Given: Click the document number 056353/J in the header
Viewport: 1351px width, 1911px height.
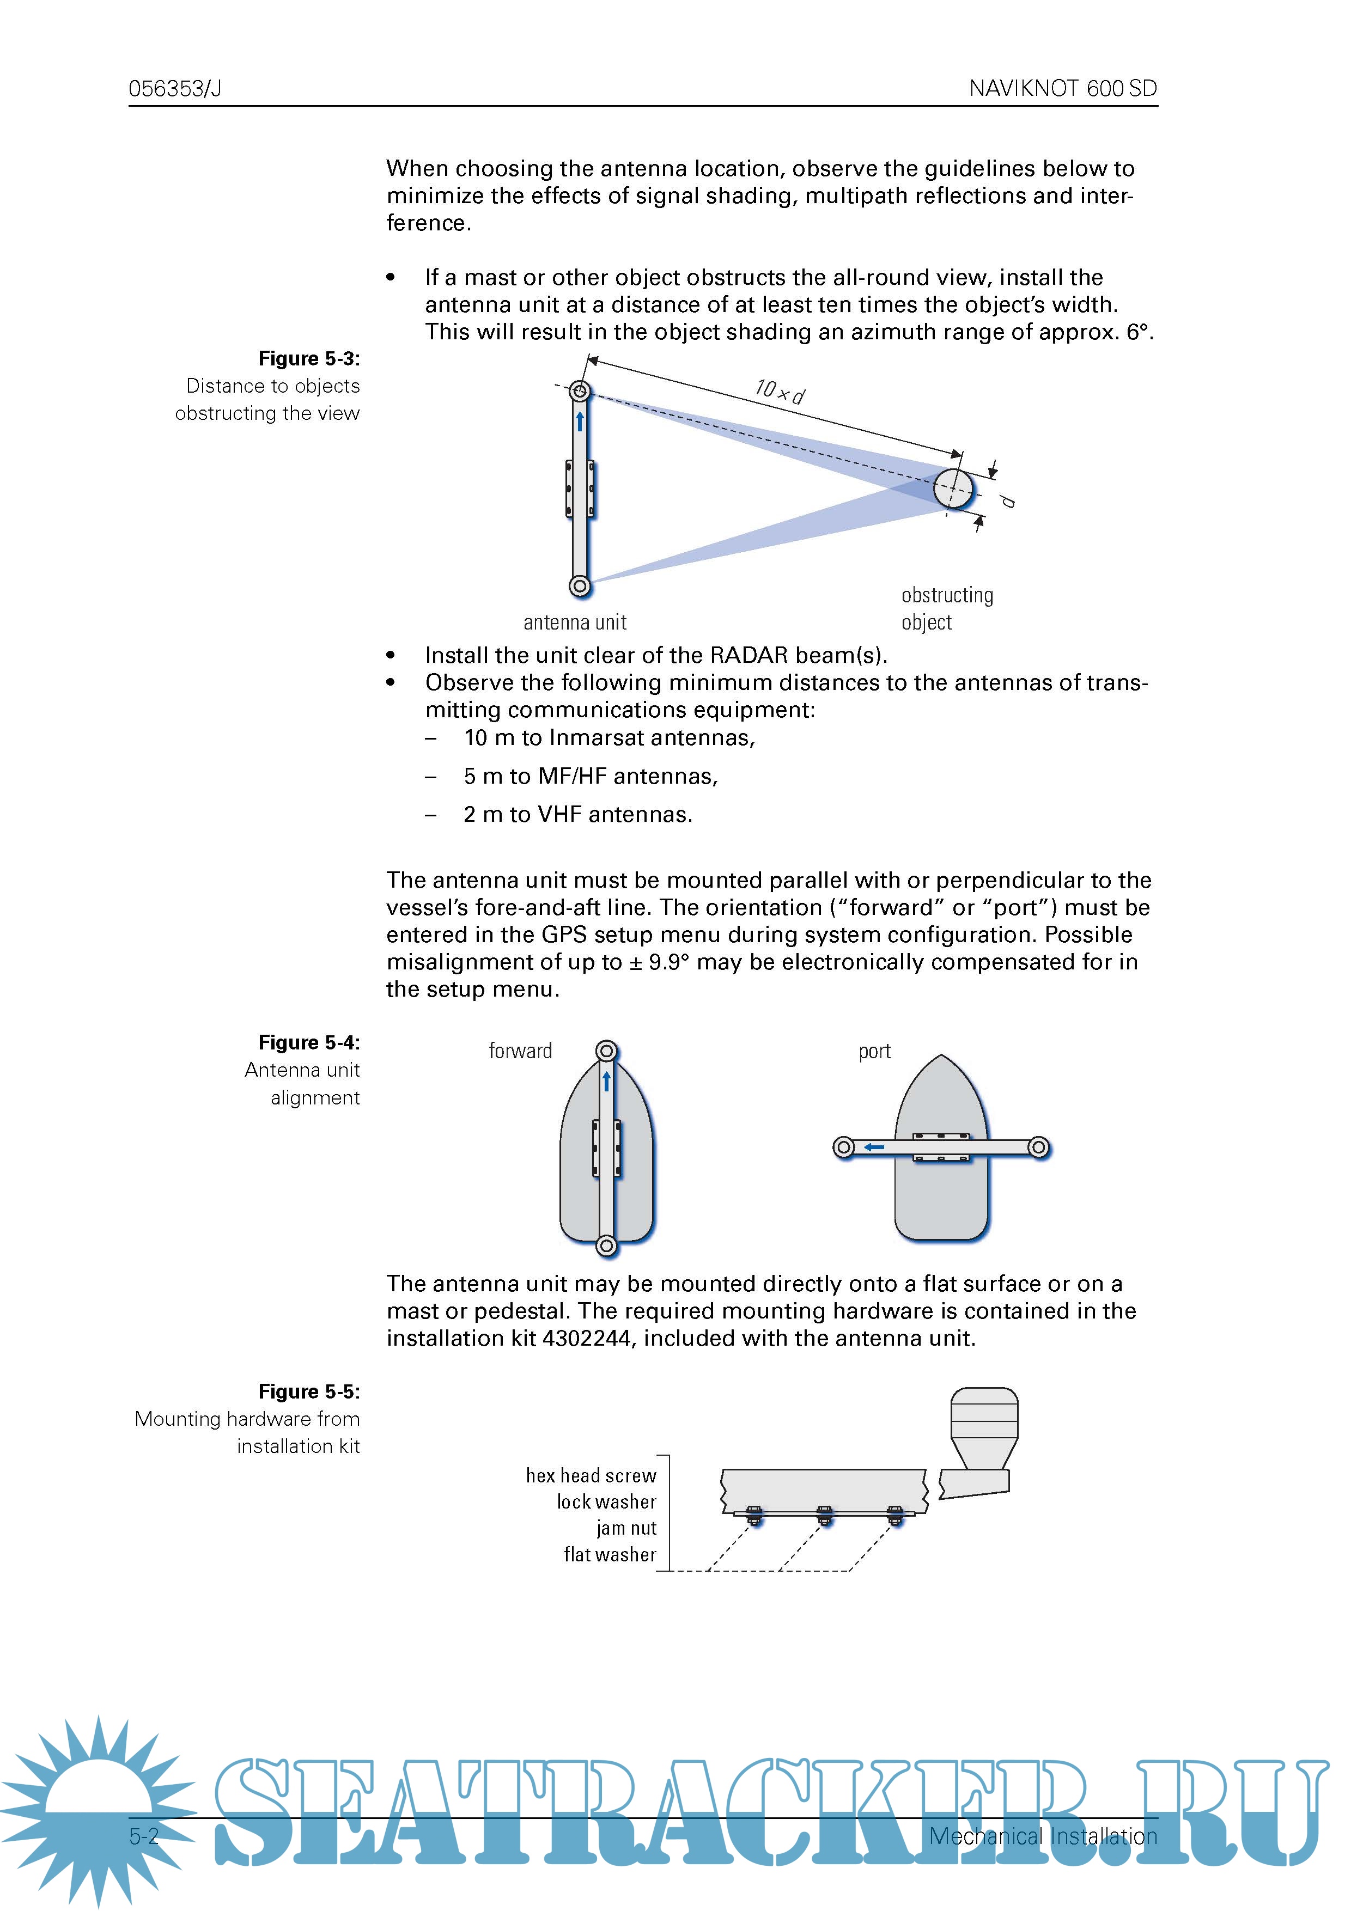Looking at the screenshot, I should [175, 88].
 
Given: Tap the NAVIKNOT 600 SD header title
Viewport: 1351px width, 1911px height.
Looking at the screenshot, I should [1062, 88].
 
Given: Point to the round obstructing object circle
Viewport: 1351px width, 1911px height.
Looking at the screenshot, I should [953, 488].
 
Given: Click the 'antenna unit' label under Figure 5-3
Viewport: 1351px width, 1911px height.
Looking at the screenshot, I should [574, 622].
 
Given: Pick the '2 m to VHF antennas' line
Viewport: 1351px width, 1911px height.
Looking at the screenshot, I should [577, 815].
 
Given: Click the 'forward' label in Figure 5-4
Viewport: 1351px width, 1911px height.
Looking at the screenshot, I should [520, 1051].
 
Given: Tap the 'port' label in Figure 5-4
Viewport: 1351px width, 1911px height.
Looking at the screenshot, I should [874, 1051].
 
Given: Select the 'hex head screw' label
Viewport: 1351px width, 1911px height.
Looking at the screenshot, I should [591, 1476].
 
